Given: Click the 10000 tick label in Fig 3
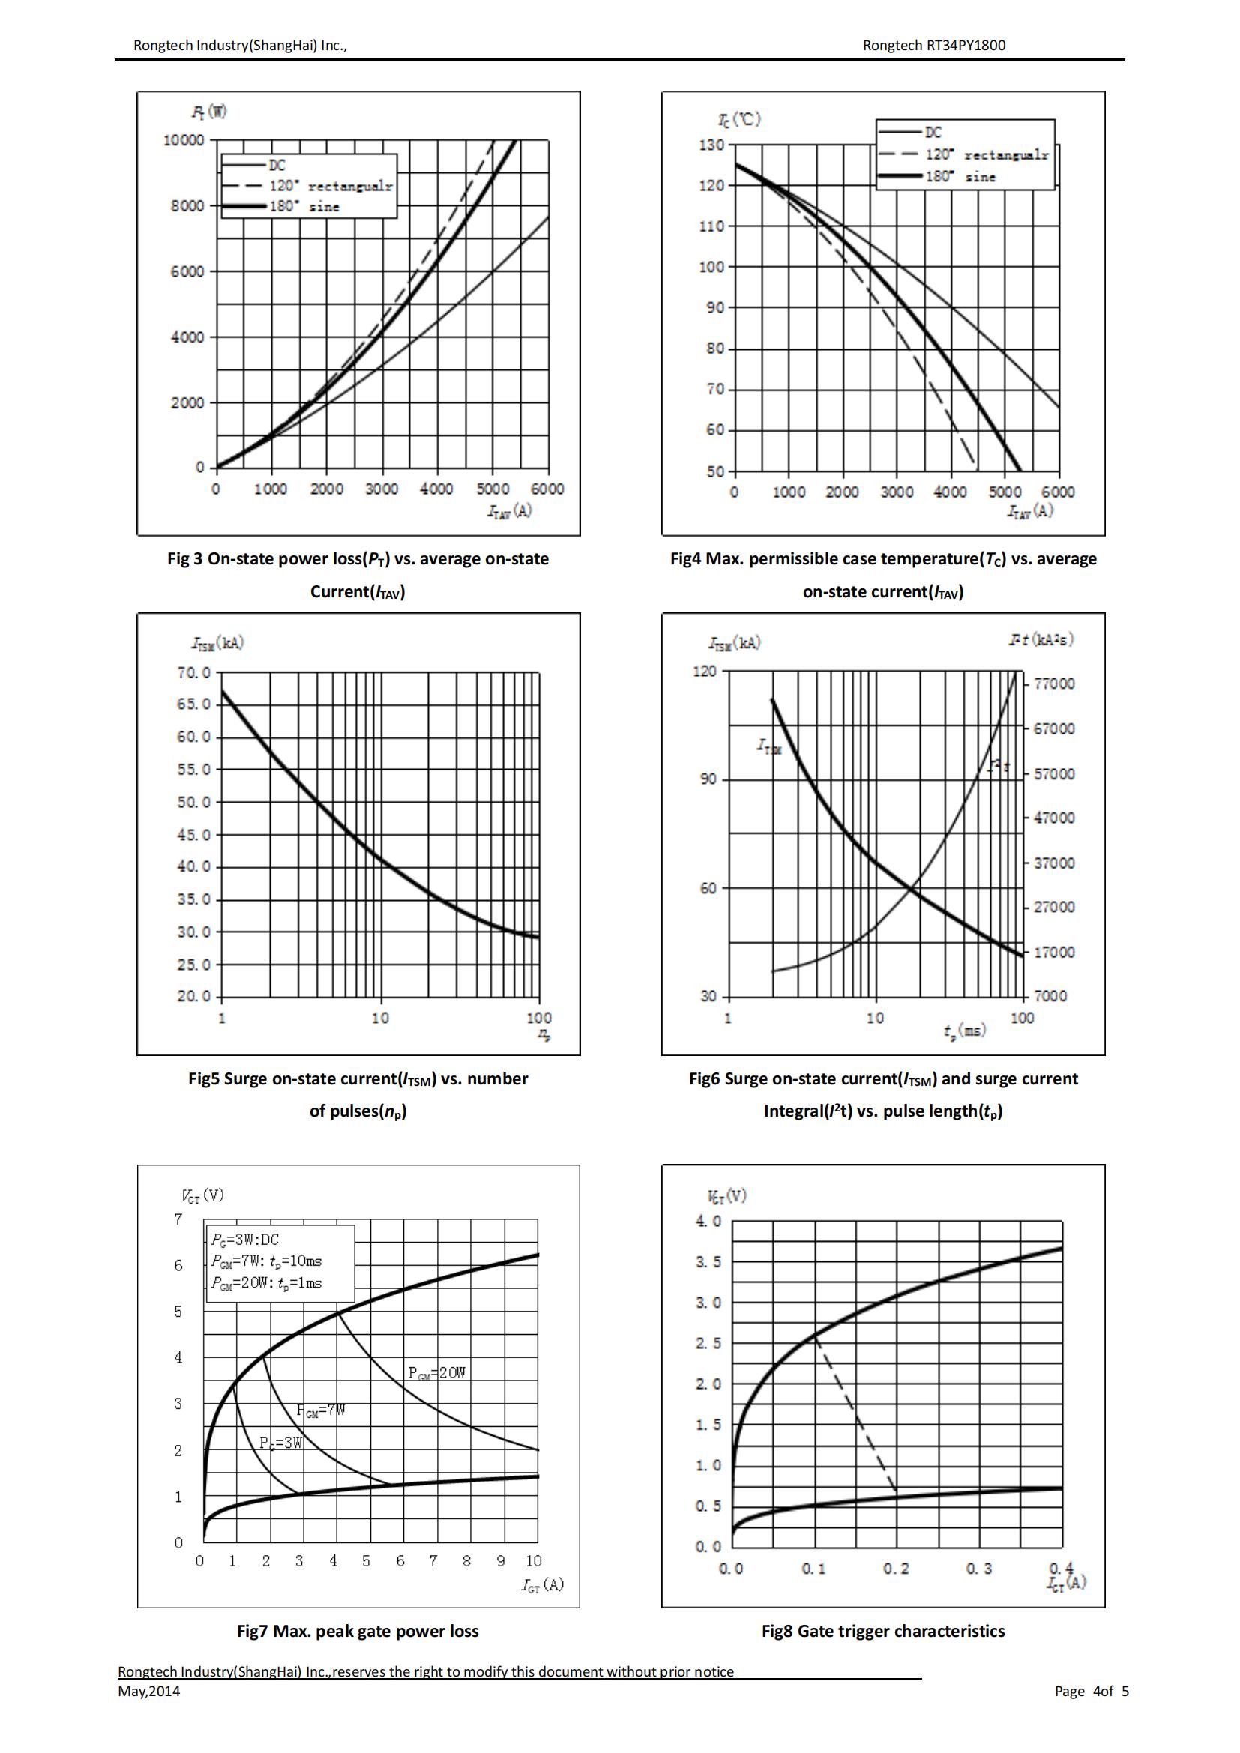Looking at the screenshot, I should point(184,140).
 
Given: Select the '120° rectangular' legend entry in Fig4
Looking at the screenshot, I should point(987,155).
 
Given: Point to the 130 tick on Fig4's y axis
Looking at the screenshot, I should point(711,145).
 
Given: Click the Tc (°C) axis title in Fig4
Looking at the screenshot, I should point(739,120).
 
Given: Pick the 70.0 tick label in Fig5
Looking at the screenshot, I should point(194,672).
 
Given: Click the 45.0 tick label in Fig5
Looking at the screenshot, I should point(194,835).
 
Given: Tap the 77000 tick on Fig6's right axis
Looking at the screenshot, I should point(1053,684).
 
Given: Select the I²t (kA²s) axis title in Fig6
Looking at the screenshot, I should point(1040,640).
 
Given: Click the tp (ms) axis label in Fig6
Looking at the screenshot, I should point(964,1031).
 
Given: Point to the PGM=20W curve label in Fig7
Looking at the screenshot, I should point(437,1373).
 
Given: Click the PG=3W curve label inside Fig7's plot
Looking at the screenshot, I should point(281,1443).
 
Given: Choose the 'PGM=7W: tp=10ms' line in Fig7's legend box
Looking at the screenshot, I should point(266,1261).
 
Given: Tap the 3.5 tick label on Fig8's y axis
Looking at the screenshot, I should point(708,1262).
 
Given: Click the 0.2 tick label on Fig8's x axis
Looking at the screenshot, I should point(897,1568).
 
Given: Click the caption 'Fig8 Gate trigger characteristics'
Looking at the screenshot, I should point(882,1631).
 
